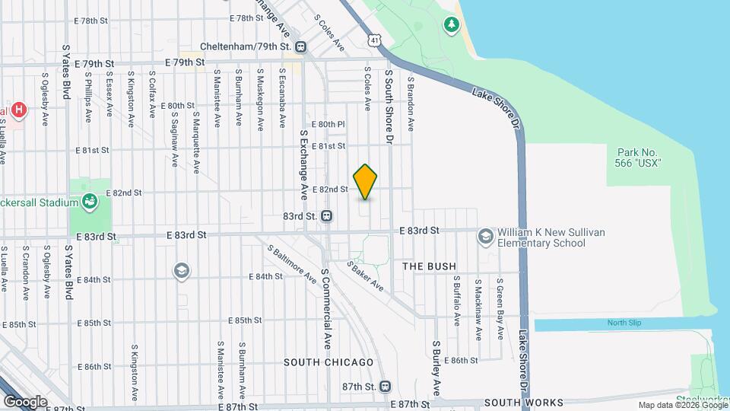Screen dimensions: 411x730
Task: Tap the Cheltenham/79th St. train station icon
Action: pyautogui.click(x=302, y=47)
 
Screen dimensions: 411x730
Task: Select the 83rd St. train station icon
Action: pyautogui.click(x=326, y=216)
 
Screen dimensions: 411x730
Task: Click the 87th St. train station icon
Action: pyautogui.click(x=385, y=387)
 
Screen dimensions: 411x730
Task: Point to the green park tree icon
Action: pyautogui.click(x=452, y=25)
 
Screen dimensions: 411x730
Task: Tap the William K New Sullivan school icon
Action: pyautogui.click(x=484, y=237)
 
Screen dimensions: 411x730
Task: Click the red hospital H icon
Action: pyautogui.click(x=18, y=110)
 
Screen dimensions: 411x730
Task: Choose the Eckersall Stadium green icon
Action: pyautogui.click(x=90, y=202)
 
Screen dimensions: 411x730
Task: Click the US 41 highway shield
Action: pyautogui.click(x=373, y=39)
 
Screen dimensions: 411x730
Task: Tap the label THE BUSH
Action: pyautogui.click(x=430, y=266)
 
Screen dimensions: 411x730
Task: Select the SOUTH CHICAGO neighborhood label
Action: pyautogui.click(x=328, y=362)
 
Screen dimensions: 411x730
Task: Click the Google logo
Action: pyautogui.click(x=25, y=401)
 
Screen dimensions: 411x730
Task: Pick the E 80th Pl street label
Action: pyautogui.click(x=328, y=124)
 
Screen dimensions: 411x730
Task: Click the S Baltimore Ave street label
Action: pyautogui.click(x=290, y=263)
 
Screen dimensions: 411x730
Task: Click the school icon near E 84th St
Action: pyautogui.click(x=181, y=270)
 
